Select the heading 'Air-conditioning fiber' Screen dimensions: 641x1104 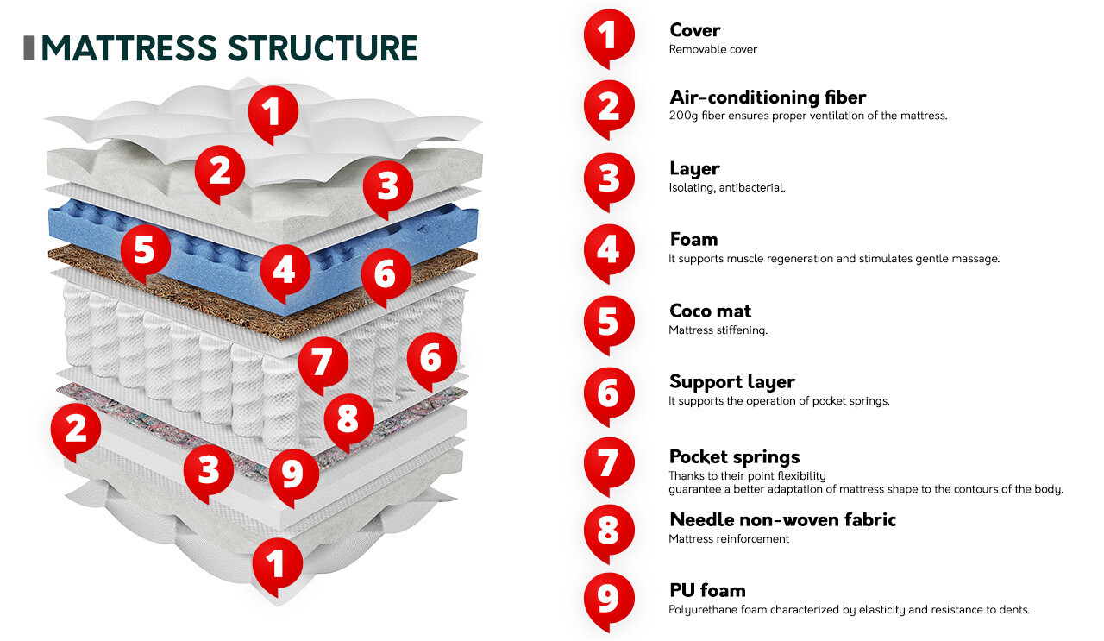[x=767, y=97]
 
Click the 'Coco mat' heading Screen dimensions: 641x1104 [x=710, y=311]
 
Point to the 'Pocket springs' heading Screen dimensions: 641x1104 [x=734, y=456]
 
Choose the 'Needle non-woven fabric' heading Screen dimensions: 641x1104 [x=782, y=519]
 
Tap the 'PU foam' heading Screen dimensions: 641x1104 [x=707, y=590]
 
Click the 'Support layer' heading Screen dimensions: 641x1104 [x=731, y=381]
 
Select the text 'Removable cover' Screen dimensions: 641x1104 [x=712, y=49]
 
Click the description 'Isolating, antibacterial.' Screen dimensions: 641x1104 [x=726, y=187]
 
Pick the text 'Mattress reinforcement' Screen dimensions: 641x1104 [x=729, y=539]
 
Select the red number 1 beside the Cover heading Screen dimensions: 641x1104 [x=608, y=36]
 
